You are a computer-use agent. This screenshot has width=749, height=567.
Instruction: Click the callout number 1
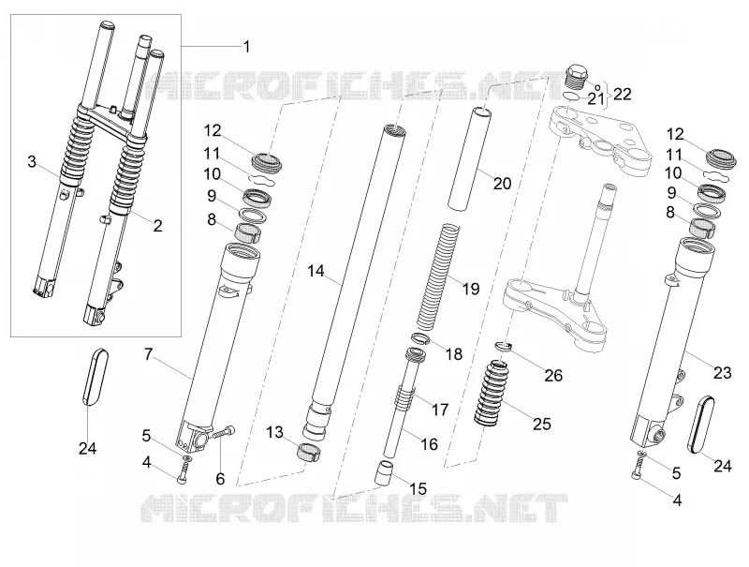pyautogui.click(x=246, y=47)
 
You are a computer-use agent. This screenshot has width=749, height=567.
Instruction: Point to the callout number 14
pyautogui.click(x=316, y=272)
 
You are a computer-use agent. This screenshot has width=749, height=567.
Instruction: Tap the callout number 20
pyautogui.click(x=502, y=183)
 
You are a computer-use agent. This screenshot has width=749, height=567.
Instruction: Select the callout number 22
pyautogui.click(x=622, y=94)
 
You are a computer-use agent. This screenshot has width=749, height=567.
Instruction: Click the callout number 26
pyautogui.click(x=553, y=375)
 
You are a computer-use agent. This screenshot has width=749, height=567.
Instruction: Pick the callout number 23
pyautogui.click(x=722, y=372)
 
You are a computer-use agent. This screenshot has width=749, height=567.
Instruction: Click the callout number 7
pyautogui.click(x=149, y=354)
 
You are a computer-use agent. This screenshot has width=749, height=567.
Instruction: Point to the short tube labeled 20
pyautogui.click(x=470, y=158)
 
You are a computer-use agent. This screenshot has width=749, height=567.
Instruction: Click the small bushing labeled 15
pyautogui.click(x=386, y=472)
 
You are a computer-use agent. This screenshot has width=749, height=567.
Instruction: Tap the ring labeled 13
pyautogui.click(x=309, y=452)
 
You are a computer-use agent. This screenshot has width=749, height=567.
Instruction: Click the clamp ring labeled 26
pyautogui.click(x=504, y=345)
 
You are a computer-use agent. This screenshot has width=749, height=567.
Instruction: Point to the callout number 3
pyautogui.click(x=32, y=161)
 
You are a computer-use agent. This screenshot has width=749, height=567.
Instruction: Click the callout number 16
pyautogui.click(x=430, y=444)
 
